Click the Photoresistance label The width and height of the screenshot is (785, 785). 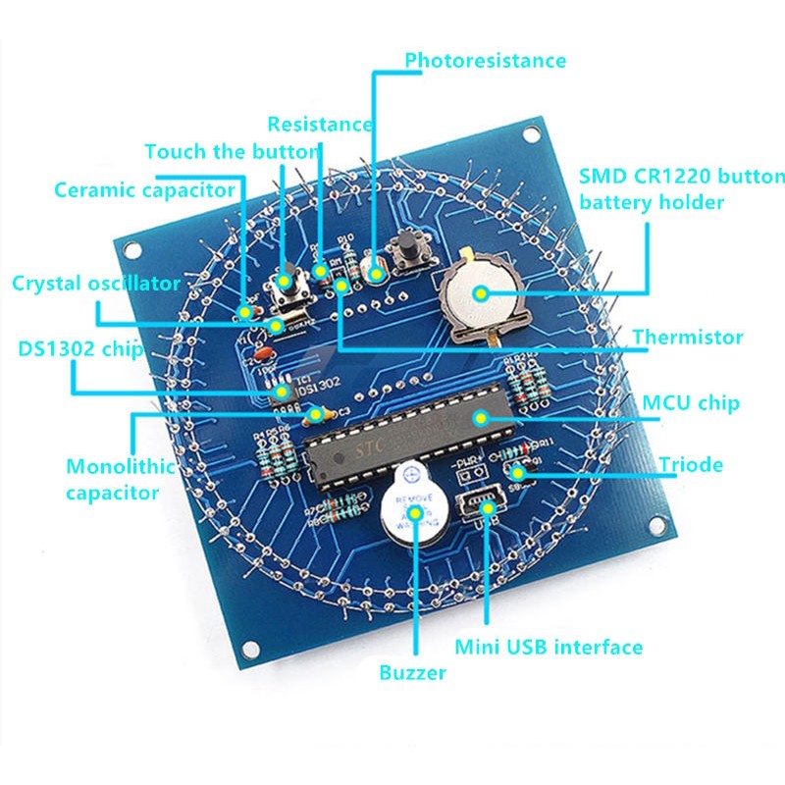[x=486, y=60]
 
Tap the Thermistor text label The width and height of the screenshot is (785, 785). [x=687, y=338]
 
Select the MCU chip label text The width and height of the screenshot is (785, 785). [x=690, y=403]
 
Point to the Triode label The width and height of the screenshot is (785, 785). [x=690, y=464]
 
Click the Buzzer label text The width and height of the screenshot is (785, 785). [x=412, y=673]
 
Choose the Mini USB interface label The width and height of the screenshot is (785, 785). [x=549, y=648]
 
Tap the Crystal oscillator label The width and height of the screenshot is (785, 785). [x=96, y=284]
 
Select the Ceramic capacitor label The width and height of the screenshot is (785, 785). [x=145, y=189]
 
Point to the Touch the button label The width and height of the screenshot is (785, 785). [x=232, y=152]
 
